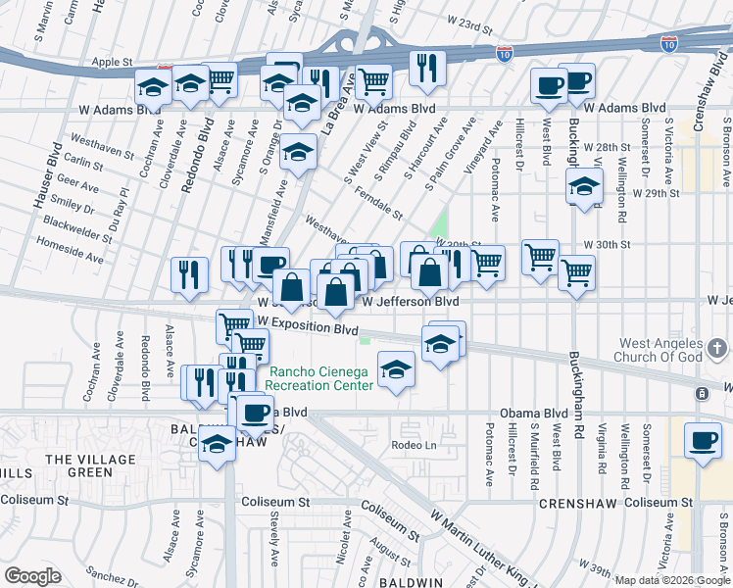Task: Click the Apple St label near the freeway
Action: coord(112,62)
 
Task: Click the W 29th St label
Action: coord(656,194)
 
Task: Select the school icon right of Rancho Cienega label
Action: coord(397,369)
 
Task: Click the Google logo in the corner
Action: coord(32,575)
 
